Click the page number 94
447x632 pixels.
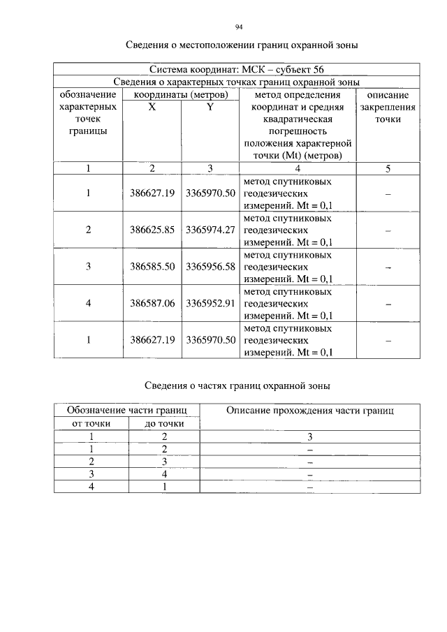[x=238, y=27]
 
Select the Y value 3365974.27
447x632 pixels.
[x=210, y=230]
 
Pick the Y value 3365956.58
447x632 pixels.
[x=210, y=267]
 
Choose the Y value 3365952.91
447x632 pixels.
[x=210, y=304]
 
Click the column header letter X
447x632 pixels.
[x=152, y=108]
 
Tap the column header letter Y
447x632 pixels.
[x=210, y=108]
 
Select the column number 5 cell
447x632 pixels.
[x=387, y=168]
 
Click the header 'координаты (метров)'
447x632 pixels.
[x=181, y=95]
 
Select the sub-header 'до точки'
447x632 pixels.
[x=164, y=423]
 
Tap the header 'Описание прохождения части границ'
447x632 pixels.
[x=310, y=411]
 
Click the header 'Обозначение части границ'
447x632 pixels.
[x=126, y=411]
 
